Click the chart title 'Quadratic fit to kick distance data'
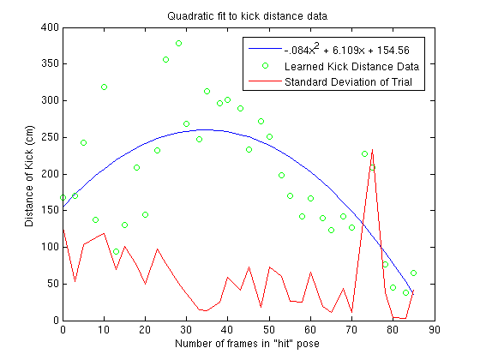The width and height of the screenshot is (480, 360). coord(248,16)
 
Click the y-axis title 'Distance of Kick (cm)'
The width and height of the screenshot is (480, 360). coord(29,177)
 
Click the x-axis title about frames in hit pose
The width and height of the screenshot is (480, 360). coord(247,344)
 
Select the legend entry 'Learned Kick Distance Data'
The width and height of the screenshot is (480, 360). coord(351,67)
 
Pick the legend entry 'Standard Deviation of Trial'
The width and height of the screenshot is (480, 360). coord(348,82)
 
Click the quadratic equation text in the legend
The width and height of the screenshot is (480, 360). coord(347,50)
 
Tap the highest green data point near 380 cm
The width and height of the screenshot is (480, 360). coord(179,44)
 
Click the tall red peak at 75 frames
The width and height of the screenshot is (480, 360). coord(372,150)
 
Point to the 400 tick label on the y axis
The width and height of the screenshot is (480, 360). coord(50,27)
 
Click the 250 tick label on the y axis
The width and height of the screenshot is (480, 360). coord(50,137)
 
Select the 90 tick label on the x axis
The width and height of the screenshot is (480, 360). coord(435,330)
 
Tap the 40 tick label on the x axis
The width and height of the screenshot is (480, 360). coord(227,330)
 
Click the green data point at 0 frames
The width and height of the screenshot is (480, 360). coord(63,198)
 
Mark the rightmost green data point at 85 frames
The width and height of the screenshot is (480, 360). coord(413,273)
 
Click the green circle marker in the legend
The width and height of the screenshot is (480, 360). coord(266,65)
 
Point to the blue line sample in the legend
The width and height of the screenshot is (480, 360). coord(265,48)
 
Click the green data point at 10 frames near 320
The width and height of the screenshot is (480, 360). coord(104,87)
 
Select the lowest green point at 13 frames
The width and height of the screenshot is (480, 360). coord(116,252)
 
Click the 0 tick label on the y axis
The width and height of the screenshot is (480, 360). coord(56,321)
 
